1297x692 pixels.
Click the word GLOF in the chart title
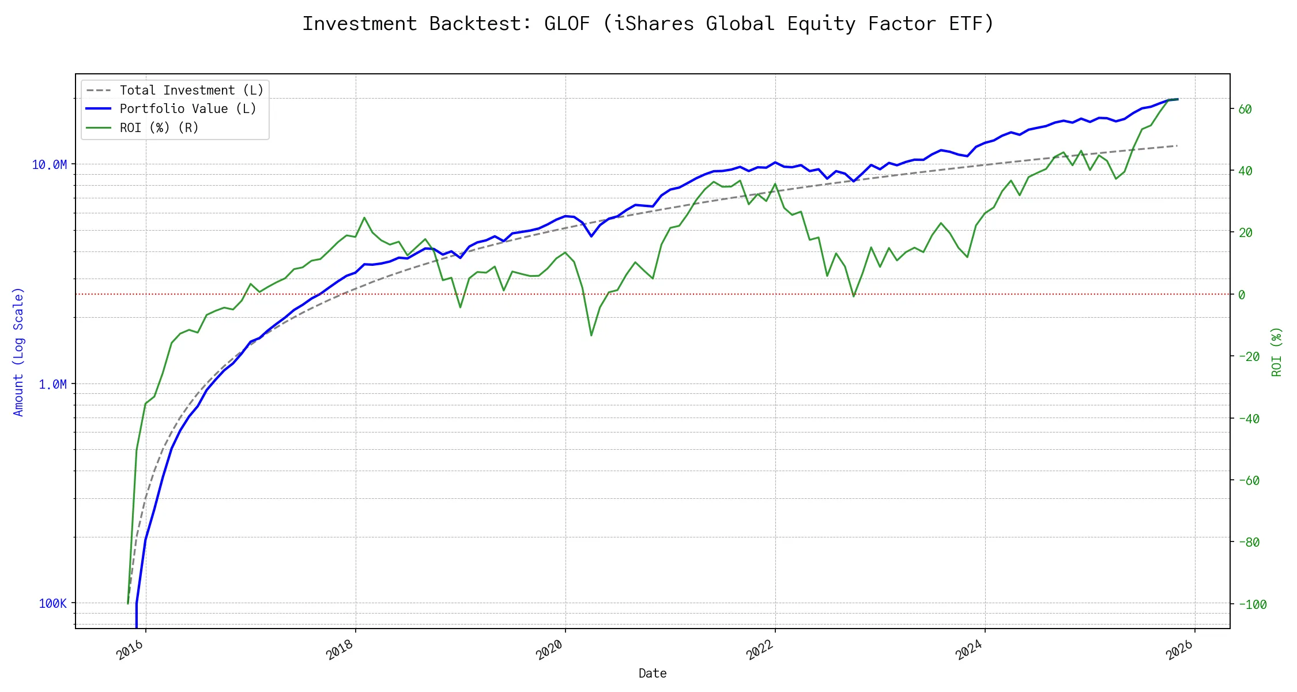567,24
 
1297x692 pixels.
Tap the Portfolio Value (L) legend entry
188,109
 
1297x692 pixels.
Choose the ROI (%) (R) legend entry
159,128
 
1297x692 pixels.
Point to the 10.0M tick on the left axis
50,165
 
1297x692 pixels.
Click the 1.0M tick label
53,385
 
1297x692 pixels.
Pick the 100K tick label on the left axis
53,604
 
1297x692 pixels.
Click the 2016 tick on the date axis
130,650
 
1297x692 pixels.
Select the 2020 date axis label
550,650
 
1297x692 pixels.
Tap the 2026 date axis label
1179,650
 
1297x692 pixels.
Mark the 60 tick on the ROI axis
1245,110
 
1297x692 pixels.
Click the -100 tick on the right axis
1252,605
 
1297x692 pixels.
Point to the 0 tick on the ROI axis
1242,295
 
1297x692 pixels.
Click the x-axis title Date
653,674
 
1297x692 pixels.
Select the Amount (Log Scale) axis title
18,352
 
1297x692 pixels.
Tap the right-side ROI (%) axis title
1277,352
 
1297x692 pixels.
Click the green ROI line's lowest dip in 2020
591,335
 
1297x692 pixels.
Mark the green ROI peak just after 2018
364,217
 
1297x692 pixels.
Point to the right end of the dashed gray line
1177,146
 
